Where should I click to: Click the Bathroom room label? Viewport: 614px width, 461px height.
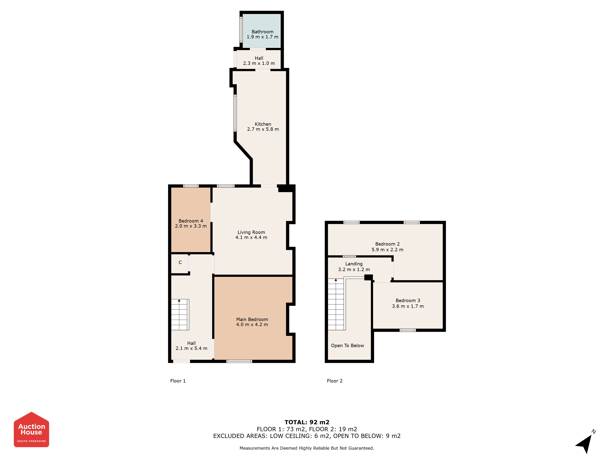tap(262, 32)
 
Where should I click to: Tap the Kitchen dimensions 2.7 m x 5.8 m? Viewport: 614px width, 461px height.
tap(263, 129)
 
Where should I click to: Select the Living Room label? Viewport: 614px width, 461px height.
tap(251, 232)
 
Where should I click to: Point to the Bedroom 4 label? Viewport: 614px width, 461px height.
tap(191, 221)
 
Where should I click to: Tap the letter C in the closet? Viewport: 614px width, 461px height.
tap(180, 262)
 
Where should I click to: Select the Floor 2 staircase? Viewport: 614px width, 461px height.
tap(337, 304)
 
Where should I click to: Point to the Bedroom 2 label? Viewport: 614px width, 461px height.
tap(387, 244)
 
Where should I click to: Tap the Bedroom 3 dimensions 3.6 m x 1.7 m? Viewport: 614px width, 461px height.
tap(408, 306)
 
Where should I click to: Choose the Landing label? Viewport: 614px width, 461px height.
tap(354, 264)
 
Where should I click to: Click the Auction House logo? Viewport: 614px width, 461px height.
tap(31, 429)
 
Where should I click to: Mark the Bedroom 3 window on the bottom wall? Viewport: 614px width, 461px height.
tap(408, 330)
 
